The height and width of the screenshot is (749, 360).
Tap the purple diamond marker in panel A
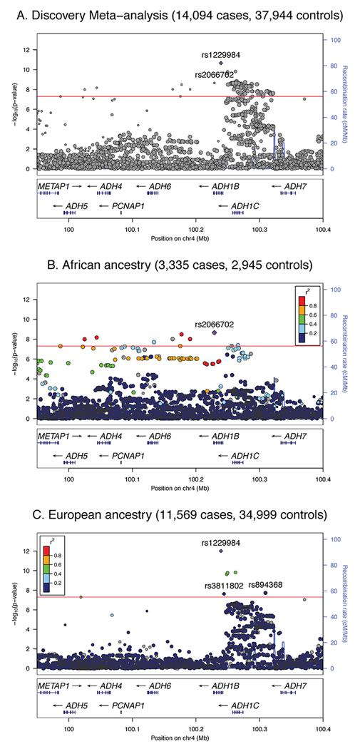(222, 63)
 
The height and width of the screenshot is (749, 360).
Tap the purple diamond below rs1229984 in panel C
(222, 551)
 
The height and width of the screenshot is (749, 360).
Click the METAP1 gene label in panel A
(54, 185)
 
